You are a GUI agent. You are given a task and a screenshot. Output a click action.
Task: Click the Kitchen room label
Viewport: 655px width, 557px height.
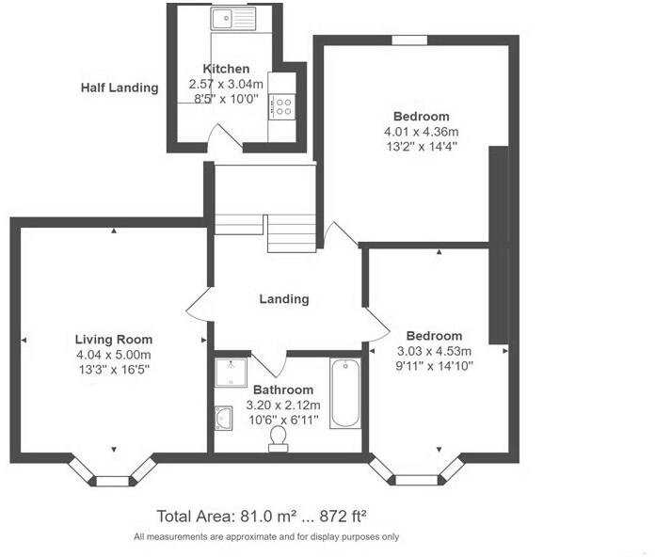coord(226,69)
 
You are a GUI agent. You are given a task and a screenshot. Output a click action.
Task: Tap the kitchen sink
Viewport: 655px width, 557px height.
coord(232,19)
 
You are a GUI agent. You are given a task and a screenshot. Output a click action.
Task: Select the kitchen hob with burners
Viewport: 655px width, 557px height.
coord(281,107)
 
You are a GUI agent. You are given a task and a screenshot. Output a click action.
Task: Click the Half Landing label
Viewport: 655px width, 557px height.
coord(120,88)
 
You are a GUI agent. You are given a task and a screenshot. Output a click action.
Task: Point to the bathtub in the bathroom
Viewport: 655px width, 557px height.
coord(344,393)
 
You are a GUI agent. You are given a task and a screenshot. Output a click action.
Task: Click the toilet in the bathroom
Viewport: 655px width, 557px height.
coord(278,438)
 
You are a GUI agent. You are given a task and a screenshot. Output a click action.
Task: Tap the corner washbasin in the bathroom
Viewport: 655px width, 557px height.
coord(223,417)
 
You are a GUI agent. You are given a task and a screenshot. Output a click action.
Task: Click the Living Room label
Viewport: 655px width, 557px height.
coord(114,340)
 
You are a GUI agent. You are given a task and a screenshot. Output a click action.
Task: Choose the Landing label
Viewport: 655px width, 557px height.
coord(284,299)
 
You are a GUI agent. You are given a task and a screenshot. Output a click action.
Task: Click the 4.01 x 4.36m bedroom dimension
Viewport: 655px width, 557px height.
coord(421,131)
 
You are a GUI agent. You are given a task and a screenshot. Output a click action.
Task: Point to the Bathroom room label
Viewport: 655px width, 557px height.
coord(283,390)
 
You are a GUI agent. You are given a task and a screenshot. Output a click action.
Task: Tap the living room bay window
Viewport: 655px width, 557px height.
coord(113,476)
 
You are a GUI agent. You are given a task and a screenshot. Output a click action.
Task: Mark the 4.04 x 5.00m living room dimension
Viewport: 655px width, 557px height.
coord(113,354)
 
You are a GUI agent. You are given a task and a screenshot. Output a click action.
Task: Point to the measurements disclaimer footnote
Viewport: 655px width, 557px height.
coord(266,537)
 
